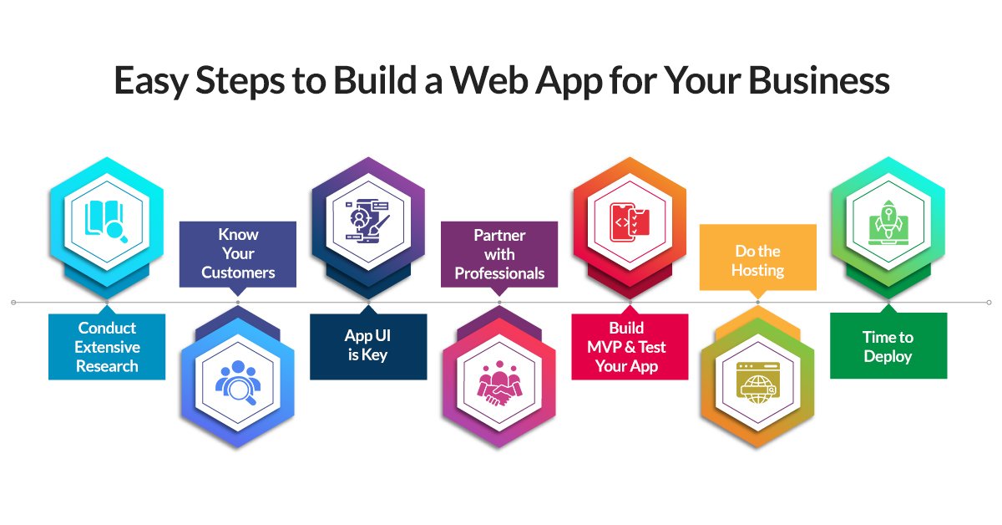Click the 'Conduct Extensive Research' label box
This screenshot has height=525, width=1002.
pos(107,346)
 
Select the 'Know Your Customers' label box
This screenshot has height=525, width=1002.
pos(238,253)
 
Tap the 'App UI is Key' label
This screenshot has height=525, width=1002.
pos(368,345)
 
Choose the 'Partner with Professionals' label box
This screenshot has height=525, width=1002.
pos(499,254)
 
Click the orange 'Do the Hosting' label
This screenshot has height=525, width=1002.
pos(758,260)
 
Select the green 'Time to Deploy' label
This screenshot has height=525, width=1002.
pos(888,346)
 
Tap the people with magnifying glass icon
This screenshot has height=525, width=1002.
pos(238,381)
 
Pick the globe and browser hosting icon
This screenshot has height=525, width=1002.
pos(758,383)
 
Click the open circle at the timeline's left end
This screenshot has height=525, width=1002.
pos(14,302)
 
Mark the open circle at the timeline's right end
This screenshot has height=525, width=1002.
pos(989,302)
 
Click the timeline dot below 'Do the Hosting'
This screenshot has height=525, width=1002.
pos(758,302)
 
